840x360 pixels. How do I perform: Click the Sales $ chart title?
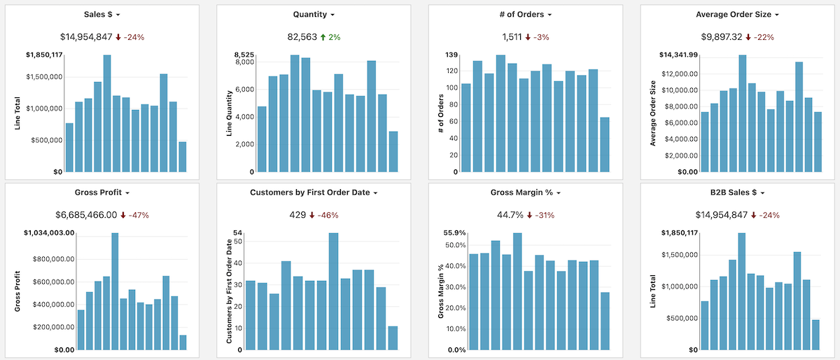point(98,14)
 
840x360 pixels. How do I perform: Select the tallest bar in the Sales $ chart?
point(107,113)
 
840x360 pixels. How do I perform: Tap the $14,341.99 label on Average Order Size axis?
point(678,55)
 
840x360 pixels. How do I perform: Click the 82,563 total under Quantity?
point(302,36)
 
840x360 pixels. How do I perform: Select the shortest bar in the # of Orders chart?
point(604,144)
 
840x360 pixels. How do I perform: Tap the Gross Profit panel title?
point(98,192)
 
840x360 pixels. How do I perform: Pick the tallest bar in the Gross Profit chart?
point(115,291)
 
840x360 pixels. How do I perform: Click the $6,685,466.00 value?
point(86,214)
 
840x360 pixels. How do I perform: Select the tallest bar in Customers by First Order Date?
point(333,291)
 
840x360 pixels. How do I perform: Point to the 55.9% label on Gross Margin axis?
point(455,233)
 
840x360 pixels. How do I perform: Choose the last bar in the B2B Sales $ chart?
point(815,334)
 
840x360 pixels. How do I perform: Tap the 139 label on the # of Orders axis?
point(451,55)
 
